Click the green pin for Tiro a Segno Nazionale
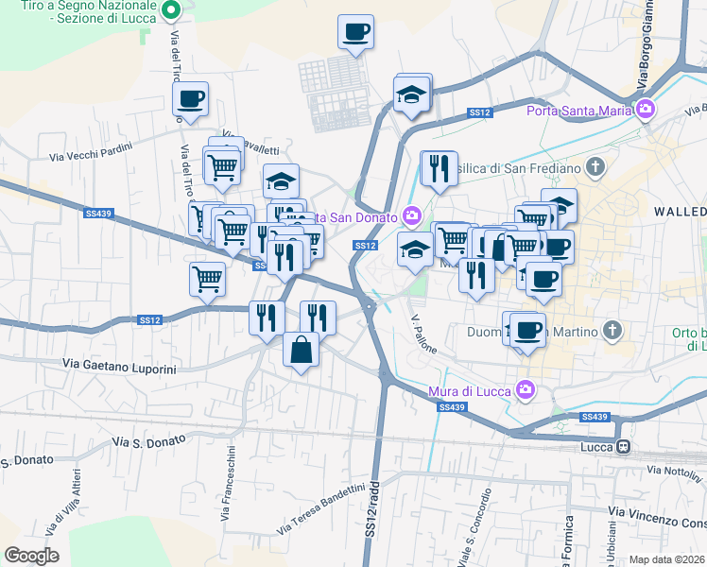pos(170,12)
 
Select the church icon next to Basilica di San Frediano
pos(595,168)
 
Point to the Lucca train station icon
pos(622,447)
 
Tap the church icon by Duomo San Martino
pos(612,331)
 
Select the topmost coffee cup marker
pos(356,32)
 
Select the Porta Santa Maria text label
pos(578,111)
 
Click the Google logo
pos(31,556)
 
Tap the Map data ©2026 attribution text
pos(667,559)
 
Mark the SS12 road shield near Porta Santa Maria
pos(480,113)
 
